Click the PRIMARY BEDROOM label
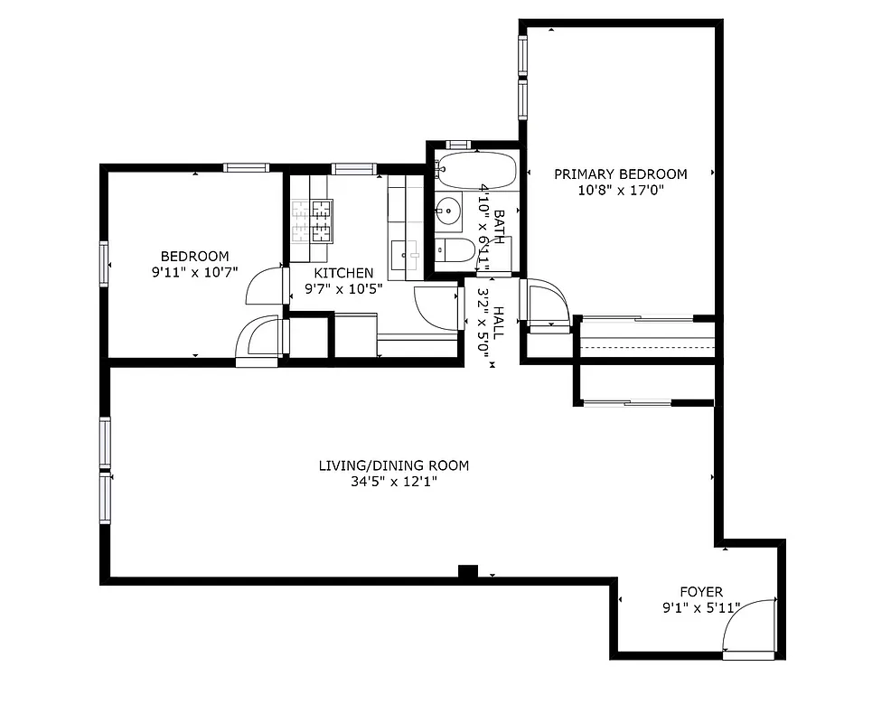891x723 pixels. (x=620, y=174)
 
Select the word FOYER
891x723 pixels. (x=700, y=592)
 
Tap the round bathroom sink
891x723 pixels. (x=447, y=212)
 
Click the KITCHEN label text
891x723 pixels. (x=343, y=273)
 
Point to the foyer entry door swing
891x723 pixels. (x=750, y=625)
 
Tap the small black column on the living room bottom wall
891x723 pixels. (x=467, y=571)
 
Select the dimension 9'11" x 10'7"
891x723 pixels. (x=194, y=272)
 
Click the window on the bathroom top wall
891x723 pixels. (x=458, y=145)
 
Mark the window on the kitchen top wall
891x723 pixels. (x=353, y=168)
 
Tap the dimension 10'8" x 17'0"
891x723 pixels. (x=620, y=191)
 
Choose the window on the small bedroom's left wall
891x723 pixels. (x=105, y=264)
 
